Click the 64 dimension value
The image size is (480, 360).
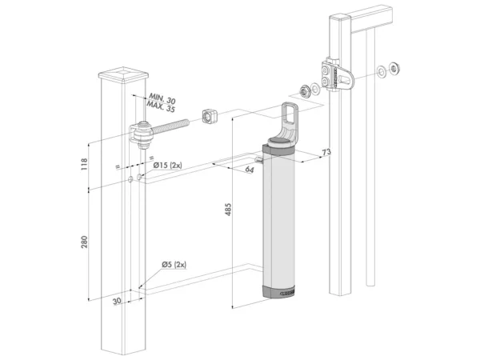[250, 170]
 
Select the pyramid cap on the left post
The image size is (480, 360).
[124, 77]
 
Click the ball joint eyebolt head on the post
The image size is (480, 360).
[142, 134]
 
